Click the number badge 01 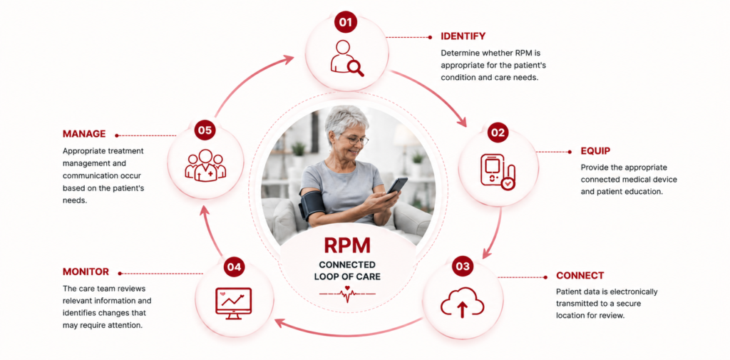346,22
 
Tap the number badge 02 498,133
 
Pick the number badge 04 235,267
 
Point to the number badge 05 205,130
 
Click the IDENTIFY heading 463,36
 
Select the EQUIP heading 595,151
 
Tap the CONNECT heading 580,275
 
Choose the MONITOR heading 86,272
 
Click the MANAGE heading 84,133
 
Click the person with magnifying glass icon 347,58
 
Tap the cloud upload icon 462,302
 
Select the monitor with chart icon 233,303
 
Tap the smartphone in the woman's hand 397,185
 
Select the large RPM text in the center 347,245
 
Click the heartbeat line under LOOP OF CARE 347,294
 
